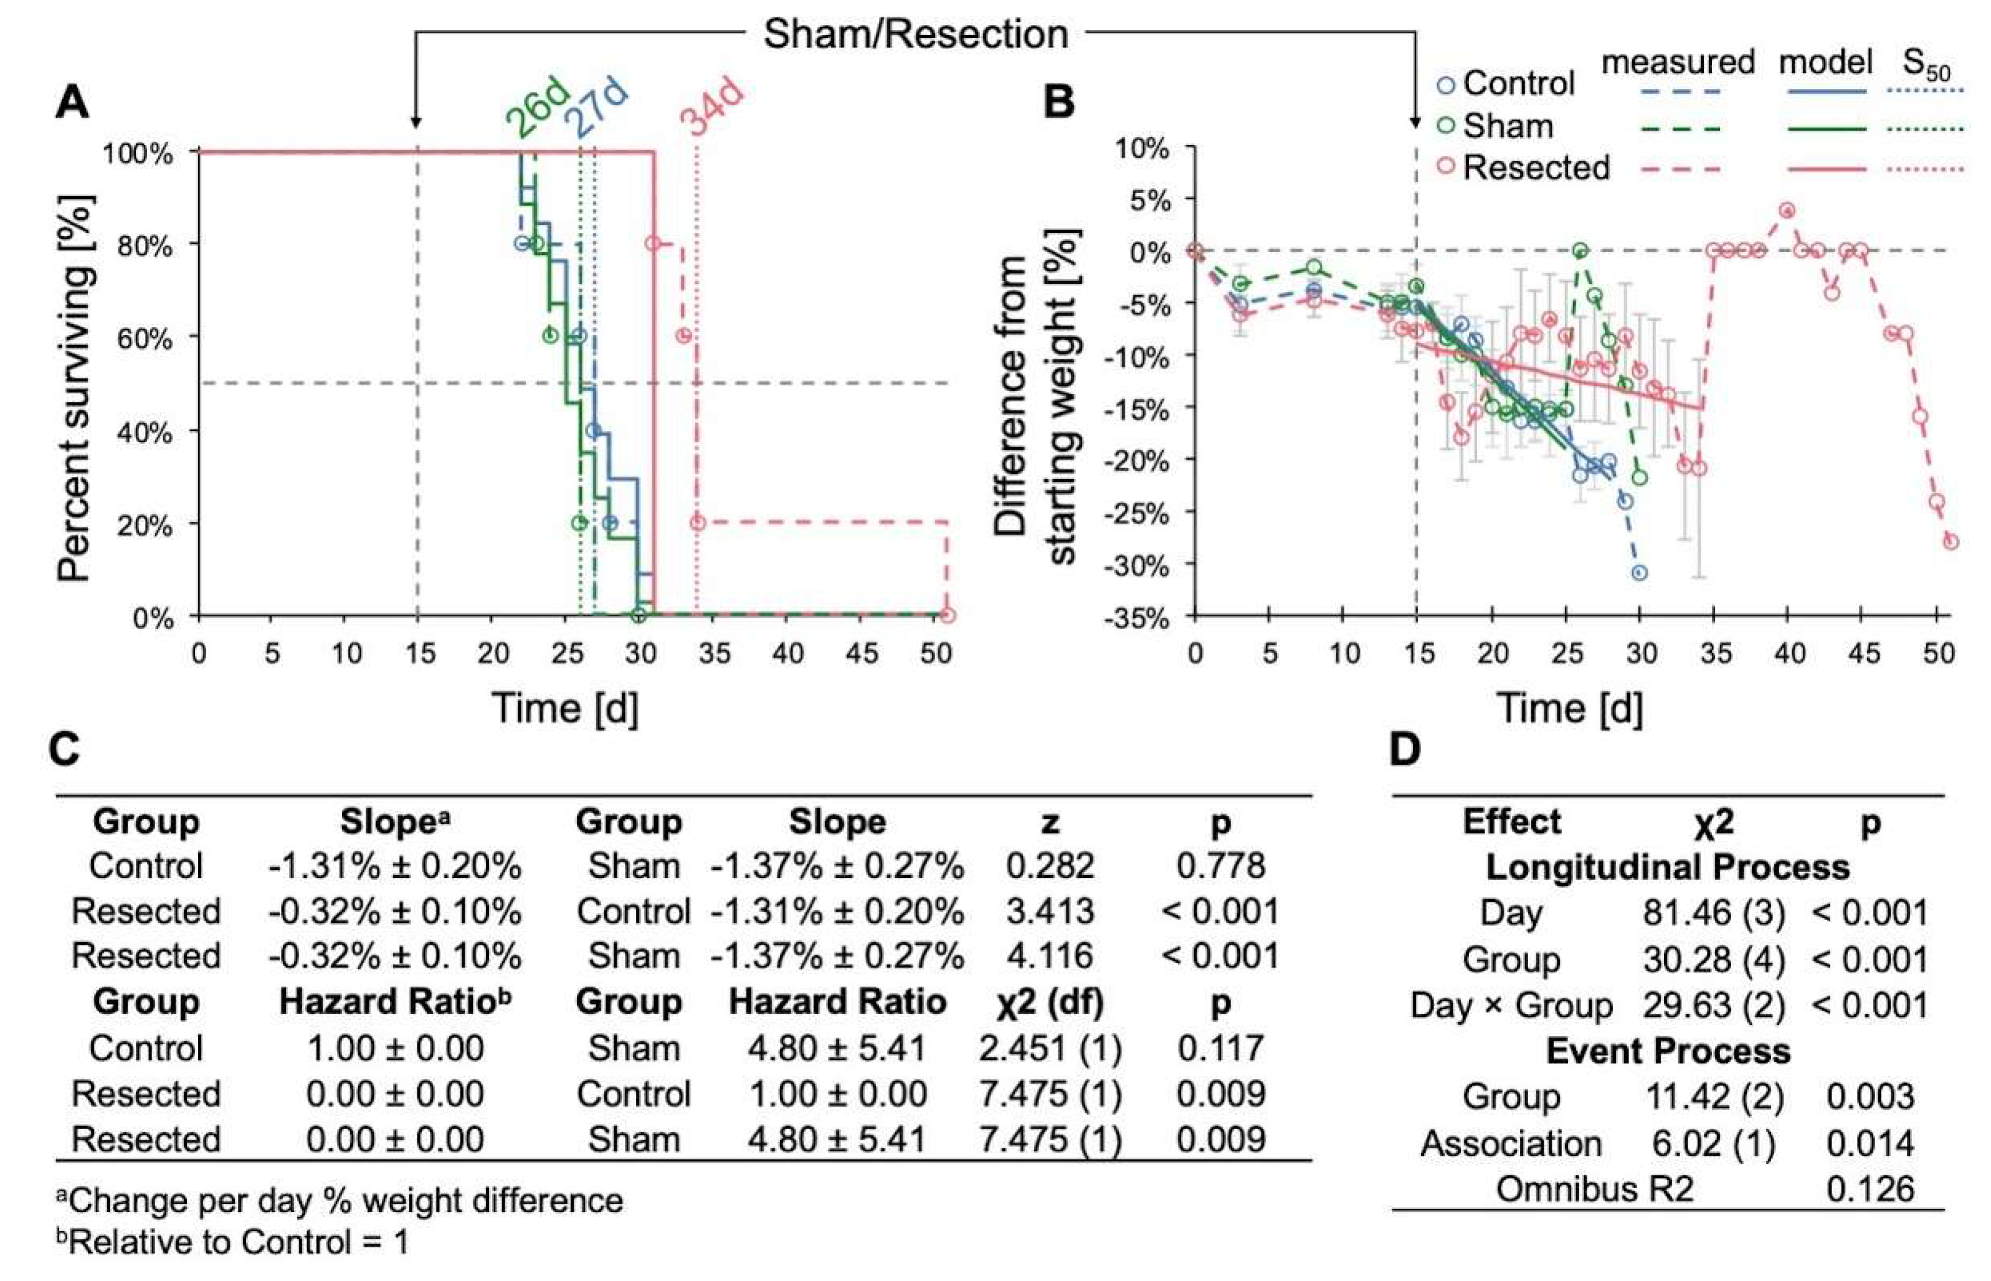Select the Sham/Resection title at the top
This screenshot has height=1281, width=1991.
pyautogui.click(x=915, y=35)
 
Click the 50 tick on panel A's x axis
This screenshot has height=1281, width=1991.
pyautogui.click(x=935, y=654)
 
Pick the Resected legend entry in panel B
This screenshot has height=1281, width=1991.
pyautogui.click(x=1535, y=168)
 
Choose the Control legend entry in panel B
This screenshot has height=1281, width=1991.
pyautogui.click(x=1518, y=83)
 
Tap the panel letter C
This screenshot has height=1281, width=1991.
pyautogui.click(x=65, y=749)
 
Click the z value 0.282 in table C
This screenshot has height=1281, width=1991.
pyautogui.click(x=1050, y=866)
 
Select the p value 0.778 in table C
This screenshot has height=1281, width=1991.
pyautogui.click(x=1220, y=866)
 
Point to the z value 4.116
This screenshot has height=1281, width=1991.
pyautogui.click(x=1050, y=956)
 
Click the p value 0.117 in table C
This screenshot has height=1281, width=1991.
pyautogui.click(x=1220, y=1048)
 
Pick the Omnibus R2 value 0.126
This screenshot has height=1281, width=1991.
pyautogui.click(x=1870, y=1189)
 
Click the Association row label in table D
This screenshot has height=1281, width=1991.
pyautogui.click(x=1511, y=1144)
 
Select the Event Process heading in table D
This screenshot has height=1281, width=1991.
pyautogui.click(x=1668, y=1051)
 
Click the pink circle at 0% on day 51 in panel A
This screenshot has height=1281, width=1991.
pyautogui.click(x=948, y=615)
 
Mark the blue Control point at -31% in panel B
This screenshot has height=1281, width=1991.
pyautogui.click(x=1639, y=573)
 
